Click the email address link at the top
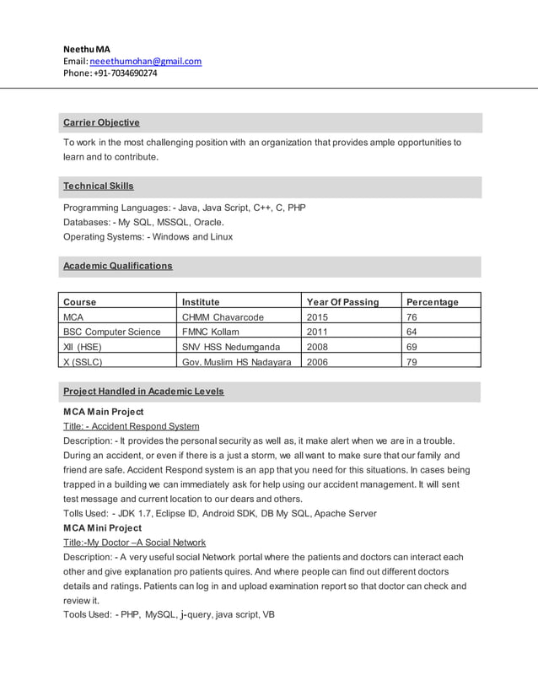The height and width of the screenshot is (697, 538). click(x=145, y=62)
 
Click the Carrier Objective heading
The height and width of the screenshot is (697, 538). click(x=101, y=123)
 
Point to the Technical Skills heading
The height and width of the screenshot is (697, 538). click(x=99, y=186)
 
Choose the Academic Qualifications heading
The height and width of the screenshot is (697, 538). click(x=118, y=267)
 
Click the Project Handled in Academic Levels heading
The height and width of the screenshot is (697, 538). click(x=143, y=392)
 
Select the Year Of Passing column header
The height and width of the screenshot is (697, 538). click(x=342, y=302)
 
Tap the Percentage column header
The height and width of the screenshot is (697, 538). click(x=432, y=302)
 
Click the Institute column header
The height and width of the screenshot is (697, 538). click(x=201, y=302)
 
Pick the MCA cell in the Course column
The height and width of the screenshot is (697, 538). click(x=73, y=317)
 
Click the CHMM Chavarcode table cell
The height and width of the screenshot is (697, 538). click(x=223, y=317)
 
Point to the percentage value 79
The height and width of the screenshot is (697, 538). click(x=412, y=362)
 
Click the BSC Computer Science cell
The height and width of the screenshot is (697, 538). click(x=112, y=332)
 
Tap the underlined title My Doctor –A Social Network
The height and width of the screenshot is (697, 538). click(x=135, y=543)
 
